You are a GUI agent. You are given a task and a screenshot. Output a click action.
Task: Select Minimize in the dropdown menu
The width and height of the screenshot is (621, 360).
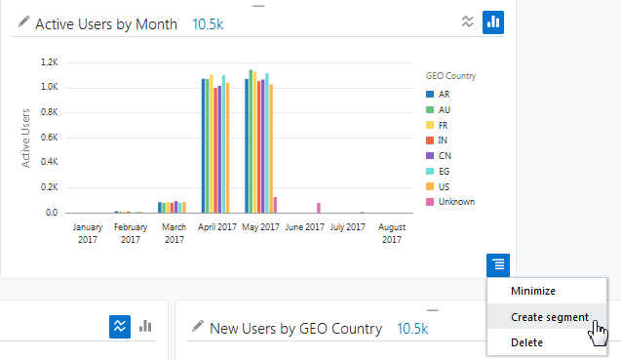pyautogui.click(x=532, y=291)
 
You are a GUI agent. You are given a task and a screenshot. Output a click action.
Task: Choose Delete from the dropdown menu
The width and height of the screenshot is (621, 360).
pyautogui.click(x=526, y=342)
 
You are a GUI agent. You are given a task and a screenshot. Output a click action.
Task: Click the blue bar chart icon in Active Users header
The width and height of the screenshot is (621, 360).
pyautogui.click(x=493, y=21)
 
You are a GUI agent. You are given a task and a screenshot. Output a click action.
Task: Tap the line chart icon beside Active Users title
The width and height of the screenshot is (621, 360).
pyautogui.click(x=467, y=21)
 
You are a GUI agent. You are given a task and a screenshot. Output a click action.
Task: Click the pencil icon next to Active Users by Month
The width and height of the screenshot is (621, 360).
pyautogui.click(x=23, y=22)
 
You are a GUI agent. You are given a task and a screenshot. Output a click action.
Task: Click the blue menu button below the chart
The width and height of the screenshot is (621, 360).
pyautogui.click(x=498, y=263)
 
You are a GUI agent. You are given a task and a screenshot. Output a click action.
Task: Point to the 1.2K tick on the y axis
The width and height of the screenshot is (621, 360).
pyautogui.click(x=49, y=61)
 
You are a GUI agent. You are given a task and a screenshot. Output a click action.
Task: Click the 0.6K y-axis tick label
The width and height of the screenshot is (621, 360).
pyautogui.click(x=49, y=137)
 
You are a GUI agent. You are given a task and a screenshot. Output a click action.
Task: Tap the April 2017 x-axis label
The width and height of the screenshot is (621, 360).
pyautogui.click(x=217, y=227)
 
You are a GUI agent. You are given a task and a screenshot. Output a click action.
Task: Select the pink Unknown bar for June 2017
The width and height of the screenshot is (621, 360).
pyautogui.click(x=319, y=207)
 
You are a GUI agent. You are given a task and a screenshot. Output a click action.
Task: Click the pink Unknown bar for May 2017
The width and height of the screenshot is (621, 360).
pyautogui.click(x=275, y=204)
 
